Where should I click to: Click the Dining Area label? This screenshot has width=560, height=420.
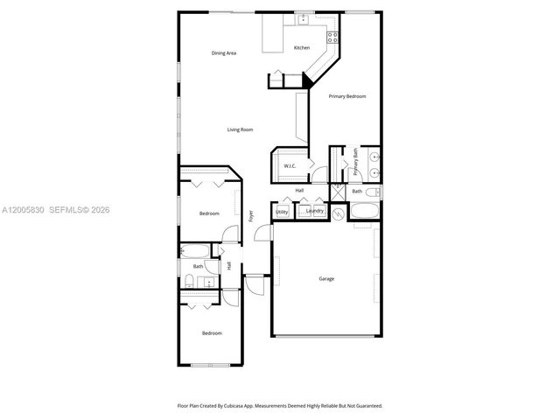[x=224, y=53]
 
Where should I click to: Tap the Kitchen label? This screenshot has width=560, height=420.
[x=301, y=47]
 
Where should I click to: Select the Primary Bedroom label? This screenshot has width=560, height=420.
[x=347, y=96]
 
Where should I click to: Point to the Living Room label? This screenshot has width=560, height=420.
[x=241, y=129]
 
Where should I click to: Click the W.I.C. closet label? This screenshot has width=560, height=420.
[x=290, y=165]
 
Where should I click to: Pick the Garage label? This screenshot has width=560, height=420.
[x=325, y=279]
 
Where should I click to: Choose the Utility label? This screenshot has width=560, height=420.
[x=282, y=211]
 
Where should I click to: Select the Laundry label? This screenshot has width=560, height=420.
[x=315, y=211]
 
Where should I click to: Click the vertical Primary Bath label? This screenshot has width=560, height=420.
[x=356, y=163]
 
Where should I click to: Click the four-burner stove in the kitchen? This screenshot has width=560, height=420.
[x=332, y=37]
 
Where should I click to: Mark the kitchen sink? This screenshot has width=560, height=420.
[x=303, y=19]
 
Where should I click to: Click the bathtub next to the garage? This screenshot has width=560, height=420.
[x=364, y=211]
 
